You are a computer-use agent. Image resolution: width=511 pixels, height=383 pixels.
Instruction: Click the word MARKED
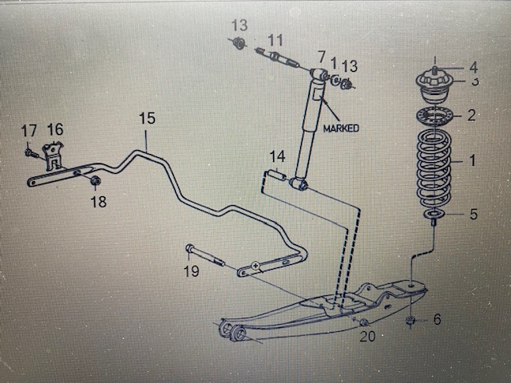coord(341,128)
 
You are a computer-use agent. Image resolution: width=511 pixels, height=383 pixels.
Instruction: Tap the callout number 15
coord(147,118)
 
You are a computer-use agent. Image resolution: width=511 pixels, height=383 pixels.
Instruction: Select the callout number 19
coord(192,271)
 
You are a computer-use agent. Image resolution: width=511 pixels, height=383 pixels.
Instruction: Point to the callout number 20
coord(367,336)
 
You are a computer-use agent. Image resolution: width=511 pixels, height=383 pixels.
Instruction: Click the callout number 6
coord(437,319)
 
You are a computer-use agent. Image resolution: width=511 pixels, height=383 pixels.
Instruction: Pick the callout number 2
coord(471,115)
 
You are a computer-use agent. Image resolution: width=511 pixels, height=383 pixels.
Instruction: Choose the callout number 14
coord(277,156)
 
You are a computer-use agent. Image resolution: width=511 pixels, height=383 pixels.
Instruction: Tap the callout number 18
coord(98,202)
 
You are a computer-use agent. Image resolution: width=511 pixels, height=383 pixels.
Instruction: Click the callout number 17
coord(29,131)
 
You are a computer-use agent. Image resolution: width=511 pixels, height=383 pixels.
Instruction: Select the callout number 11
coord(275,41)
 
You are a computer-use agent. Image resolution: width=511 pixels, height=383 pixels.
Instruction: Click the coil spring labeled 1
coord(434,168)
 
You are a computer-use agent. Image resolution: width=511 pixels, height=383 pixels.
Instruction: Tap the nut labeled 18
coord(96,180)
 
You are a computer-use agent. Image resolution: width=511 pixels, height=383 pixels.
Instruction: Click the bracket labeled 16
coord(53,156)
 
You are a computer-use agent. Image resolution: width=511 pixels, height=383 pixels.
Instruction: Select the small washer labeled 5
coord(434,214)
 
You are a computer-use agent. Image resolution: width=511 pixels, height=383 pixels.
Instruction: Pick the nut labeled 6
coord(410,320)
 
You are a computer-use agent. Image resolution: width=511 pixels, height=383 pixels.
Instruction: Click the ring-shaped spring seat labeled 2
coord(435,115)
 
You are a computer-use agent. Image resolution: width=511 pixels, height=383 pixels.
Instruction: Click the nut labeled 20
coord(364,322)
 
